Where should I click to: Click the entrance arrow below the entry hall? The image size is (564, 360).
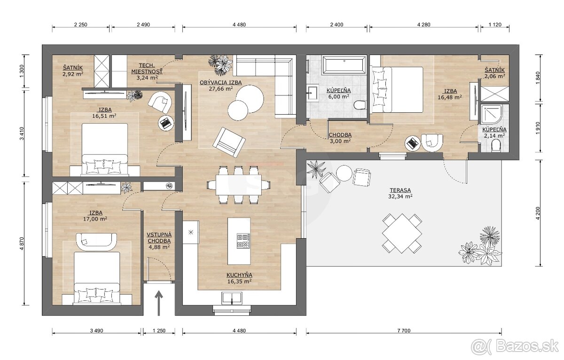click(x=159, y=303)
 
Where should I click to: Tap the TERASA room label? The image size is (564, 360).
click(x=400, y=190)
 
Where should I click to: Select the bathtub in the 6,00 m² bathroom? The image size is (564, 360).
click(x=345, y=65)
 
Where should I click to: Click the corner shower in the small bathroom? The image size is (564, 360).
click(x=491, y=115)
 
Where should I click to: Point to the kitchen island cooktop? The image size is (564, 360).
click(x=243, y=241)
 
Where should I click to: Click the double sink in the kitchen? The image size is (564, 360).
click(x=232, y=298)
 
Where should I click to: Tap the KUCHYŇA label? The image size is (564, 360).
click(x=239, y=275)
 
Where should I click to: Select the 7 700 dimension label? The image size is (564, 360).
click(x=404, y=330)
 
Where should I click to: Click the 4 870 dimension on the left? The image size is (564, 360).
click(x=22, y=243)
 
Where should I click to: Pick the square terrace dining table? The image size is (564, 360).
click(x=402, y=233)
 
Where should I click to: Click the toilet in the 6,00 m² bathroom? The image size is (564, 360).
click(x=360, y=105)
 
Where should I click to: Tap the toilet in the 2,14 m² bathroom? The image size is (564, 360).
click(x=496, y=146)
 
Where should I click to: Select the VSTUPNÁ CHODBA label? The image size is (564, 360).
click(x=159, y=238)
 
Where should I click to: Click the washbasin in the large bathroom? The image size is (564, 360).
click(x=313, y=93)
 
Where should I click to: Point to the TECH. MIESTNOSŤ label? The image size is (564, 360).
click(x=147, y=68)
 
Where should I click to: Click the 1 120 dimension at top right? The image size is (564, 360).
click(x=495, y=24)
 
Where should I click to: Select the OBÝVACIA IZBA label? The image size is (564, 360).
click(x=220, y=82)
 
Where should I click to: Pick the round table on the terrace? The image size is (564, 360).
click(x=344, y=173)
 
